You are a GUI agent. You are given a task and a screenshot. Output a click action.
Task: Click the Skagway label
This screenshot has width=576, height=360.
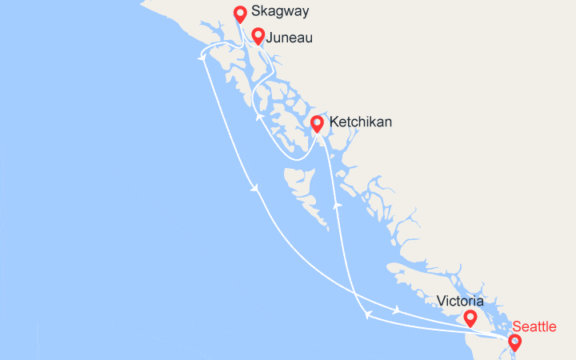pos(280,12)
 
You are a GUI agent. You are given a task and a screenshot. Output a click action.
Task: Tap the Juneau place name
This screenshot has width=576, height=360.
pos(289,38)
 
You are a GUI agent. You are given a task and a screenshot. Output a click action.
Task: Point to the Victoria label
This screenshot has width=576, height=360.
pos(460,302)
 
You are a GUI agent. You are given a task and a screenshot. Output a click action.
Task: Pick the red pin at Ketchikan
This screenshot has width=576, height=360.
pos(317,124)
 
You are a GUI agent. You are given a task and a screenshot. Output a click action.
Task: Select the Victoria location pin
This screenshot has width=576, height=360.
pos(470,318)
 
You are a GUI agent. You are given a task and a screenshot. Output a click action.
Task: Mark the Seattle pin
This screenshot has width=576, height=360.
pos(514,343)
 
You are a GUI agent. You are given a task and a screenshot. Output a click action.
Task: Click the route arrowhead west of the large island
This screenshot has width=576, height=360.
pos(255,190)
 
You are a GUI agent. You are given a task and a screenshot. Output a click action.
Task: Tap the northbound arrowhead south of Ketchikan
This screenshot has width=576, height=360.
pos(338,206)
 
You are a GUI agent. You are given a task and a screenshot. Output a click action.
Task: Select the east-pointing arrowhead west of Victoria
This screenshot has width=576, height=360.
pos(397,310)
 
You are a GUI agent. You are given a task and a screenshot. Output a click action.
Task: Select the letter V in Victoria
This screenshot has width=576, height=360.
pos(442,302)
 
